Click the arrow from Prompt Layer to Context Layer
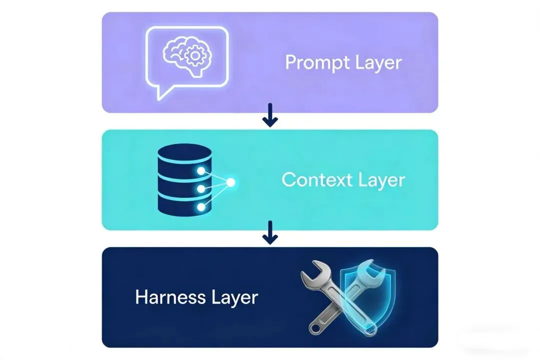(270, 115)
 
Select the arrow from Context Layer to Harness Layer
(270, 232)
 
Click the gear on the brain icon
(192, 56)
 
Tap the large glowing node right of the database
(230, 183)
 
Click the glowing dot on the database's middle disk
(201, 189)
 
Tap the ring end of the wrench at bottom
(315, 327)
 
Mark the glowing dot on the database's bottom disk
(201, 206)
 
